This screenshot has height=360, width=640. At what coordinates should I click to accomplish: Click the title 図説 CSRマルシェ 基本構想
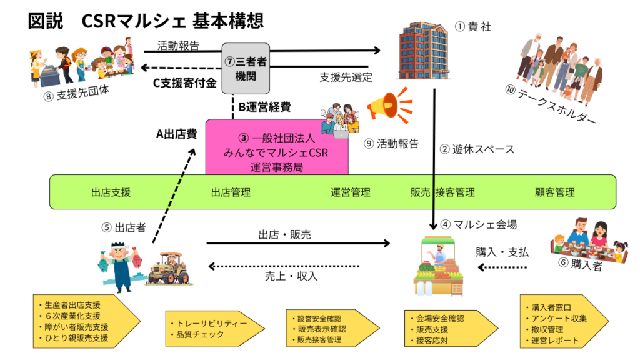[146, 21]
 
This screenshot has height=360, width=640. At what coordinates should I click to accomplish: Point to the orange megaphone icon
[389, 106]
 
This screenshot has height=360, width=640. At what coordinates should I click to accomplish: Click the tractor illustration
[167, 268]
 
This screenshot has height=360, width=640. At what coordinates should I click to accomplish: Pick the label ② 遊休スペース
[477, 149]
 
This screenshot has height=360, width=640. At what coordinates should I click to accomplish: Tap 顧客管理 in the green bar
[554, 192]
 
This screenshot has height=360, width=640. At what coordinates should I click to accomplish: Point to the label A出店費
[176, 133]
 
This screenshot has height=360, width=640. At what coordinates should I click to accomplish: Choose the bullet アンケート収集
[558, 318]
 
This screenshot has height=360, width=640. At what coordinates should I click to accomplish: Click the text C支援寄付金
[185, 82]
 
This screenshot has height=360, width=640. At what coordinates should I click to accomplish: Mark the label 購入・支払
[502, 252]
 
